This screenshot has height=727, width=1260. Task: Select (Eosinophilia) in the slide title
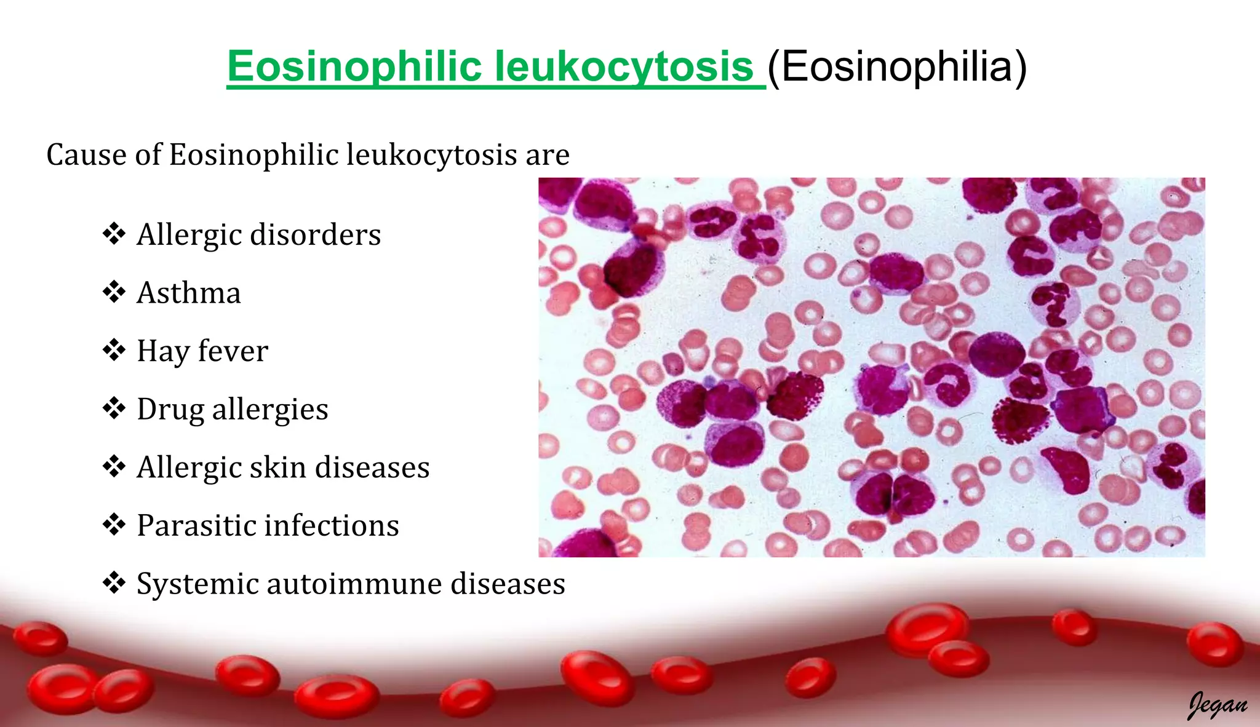click(897, 66)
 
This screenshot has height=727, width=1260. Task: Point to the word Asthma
click(189, 293)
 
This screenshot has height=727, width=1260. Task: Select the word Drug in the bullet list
click(170, 409)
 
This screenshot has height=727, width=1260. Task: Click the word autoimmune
click(354, 584)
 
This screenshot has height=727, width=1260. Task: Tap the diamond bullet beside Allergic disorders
click(114, 234)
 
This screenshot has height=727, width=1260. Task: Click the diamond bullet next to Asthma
click(114, 292)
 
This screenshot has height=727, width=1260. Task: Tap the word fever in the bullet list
click(233, 351)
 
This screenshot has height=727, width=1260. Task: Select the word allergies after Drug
click(270, 409)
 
